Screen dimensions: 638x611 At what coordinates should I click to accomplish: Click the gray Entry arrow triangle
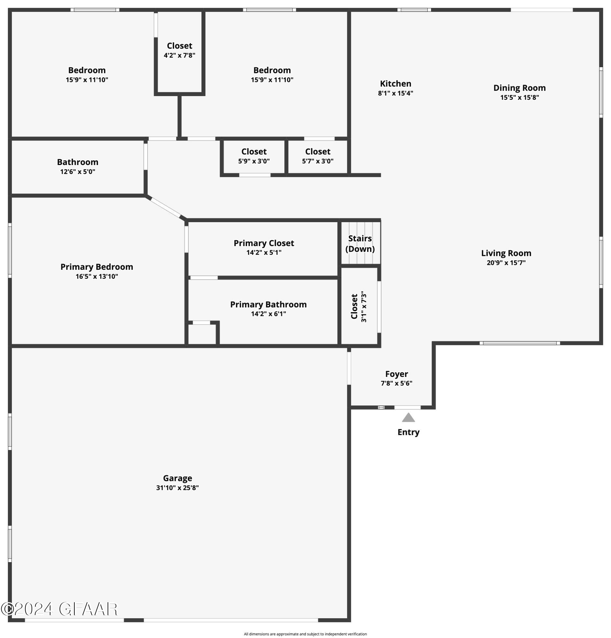[x=408, y=418]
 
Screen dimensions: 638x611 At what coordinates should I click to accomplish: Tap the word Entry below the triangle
[x=408, y=432]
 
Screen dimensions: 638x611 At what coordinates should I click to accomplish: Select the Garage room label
[x=177, y=478]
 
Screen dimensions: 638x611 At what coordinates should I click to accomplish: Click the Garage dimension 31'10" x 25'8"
[x=177, y=488]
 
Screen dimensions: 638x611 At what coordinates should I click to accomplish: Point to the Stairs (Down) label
[x=360, y=244]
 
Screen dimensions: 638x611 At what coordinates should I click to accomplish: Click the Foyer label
[x=396, y=374]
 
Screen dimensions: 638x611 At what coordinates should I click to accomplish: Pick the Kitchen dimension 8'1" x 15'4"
[x=395, y=93]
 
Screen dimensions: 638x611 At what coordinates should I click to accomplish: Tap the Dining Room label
[x=519, y=88]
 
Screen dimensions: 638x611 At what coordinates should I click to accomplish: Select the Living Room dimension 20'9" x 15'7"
[x=506, y=263]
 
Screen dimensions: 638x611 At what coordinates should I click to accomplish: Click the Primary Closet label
[x=264, y=243]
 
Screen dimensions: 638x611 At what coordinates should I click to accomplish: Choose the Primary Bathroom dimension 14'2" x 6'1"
[x=268, y=314]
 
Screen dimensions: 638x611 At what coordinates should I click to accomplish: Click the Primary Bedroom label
[x=97, y=267]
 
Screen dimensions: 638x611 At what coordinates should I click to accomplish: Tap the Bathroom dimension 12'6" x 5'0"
[x=78, y=171]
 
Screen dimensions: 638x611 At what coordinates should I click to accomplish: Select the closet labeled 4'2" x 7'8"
[x=179, y=50]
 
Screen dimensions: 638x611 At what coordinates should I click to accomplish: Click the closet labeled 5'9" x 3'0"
[x=254, y=156]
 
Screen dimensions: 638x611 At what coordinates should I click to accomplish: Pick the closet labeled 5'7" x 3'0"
[x=318, y=156]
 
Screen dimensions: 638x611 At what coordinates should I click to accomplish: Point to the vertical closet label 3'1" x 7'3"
[x=359, y=307]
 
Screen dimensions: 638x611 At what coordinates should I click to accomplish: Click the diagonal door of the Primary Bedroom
[x=165, y=207]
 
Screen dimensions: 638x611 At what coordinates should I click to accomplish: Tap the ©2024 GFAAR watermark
[x=59, y=609]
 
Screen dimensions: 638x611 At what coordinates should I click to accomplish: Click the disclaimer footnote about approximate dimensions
[x=305, y=634]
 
